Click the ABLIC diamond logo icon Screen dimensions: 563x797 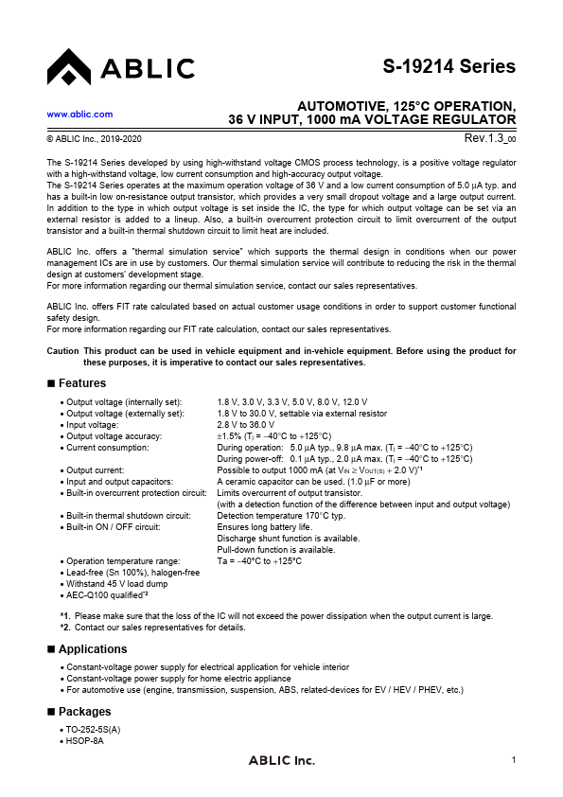[x=67, y=66]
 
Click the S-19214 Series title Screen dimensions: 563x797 [x=449, y=67]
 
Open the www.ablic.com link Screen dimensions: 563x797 [x=79, y=114]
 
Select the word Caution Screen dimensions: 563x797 [x=62, y=351]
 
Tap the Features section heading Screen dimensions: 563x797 [x=81, y=383]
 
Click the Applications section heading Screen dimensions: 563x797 [x=92, y=649]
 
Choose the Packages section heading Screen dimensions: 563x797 [x=84, y=712]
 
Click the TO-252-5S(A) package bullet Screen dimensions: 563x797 [x=92, y=730]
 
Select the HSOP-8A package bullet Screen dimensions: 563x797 [x=84, y=740]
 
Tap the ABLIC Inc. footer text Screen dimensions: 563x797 [x=281, y=761]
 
